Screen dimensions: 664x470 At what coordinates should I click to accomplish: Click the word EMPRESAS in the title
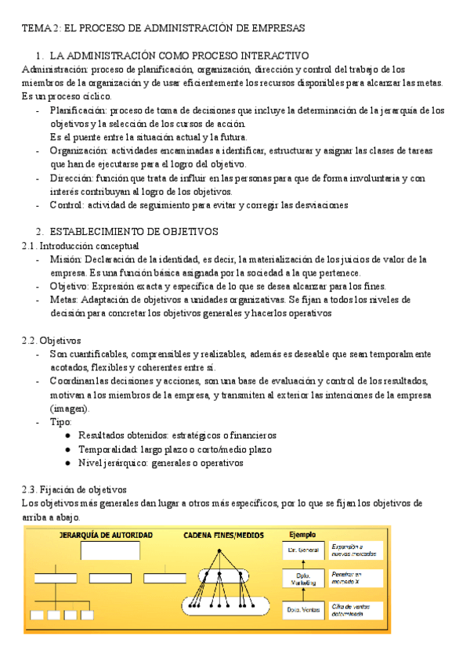275,28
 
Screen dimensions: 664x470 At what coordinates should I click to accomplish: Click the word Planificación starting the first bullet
78,110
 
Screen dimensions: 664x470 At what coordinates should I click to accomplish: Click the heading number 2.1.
29,246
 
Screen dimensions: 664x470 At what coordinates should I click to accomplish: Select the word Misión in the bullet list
64,259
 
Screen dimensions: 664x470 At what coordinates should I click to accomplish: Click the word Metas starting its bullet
63,299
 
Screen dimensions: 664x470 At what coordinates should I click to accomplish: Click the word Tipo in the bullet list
60,422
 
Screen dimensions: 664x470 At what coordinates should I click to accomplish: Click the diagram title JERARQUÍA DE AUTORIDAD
106,536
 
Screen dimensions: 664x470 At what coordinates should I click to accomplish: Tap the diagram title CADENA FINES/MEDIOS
223,536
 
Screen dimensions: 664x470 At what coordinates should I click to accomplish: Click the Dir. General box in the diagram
302,551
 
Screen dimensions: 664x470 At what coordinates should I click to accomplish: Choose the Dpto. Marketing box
302,579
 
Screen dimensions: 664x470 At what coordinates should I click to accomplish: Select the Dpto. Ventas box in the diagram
302,608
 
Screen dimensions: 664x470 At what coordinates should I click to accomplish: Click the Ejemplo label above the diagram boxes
302,535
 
